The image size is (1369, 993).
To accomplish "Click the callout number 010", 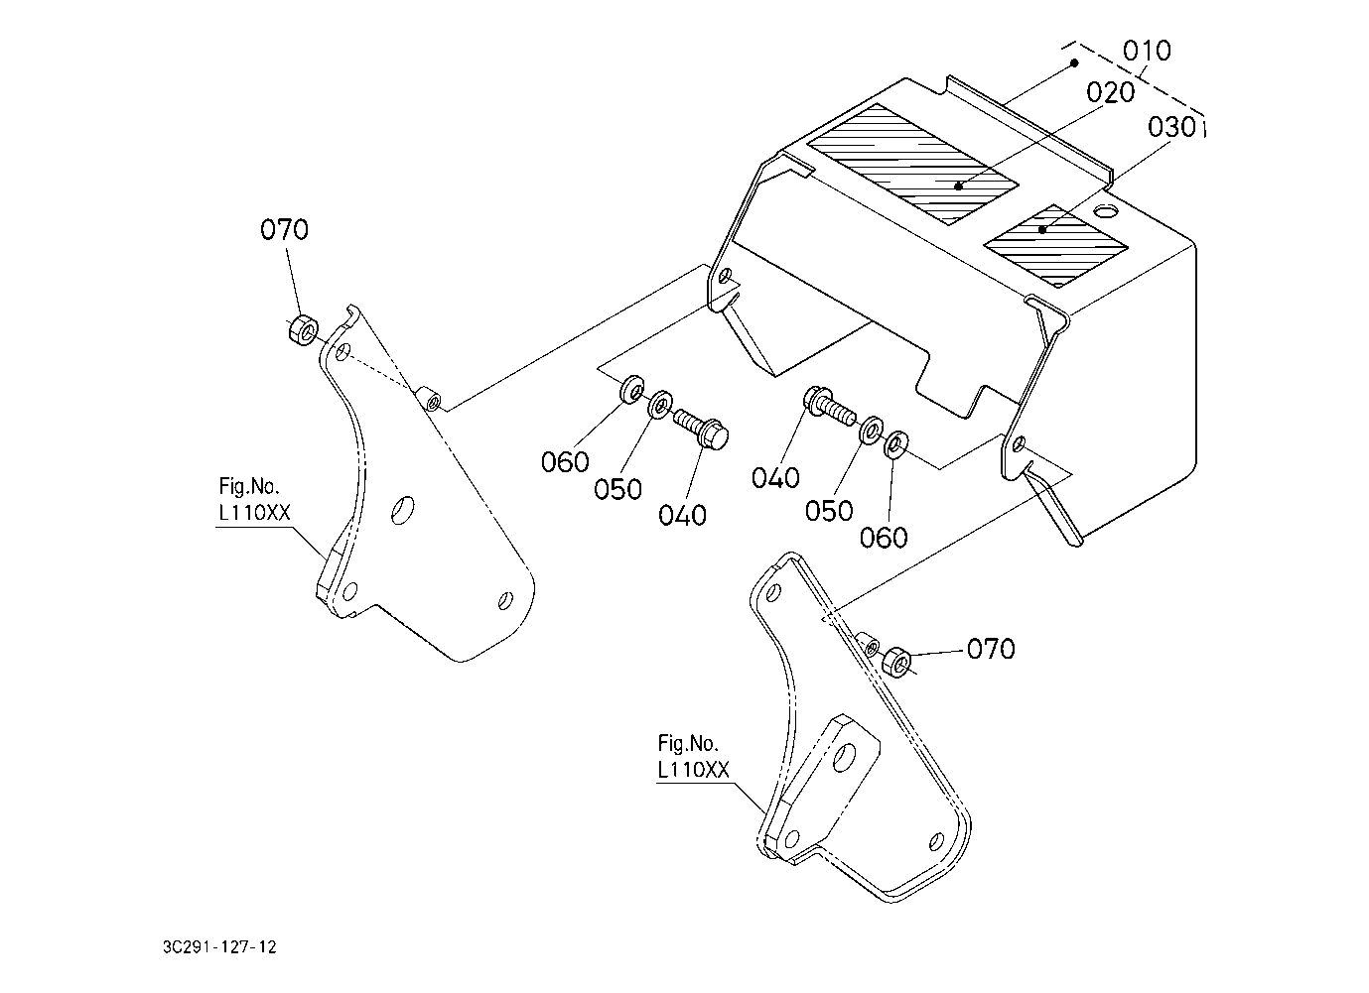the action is tap(1147, 51).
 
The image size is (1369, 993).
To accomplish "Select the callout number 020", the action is tap(1110, 93).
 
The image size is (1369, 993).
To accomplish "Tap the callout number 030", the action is tap(1171, 128).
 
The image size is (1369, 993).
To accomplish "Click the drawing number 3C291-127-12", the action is tap(219, 947).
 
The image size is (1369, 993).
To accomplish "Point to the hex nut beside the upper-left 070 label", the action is tap(303, 329).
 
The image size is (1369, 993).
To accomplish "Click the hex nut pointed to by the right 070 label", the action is tap(897, 662).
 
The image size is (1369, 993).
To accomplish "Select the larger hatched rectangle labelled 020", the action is tap(912, 164).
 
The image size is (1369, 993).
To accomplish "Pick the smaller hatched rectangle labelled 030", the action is tap(1055, 245).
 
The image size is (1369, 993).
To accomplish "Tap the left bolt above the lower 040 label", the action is tap(702, 429).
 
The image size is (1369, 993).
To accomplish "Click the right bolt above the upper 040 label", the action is tap(829, 405).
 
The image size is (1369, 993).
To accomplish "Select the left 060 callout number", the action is tap(565, 462).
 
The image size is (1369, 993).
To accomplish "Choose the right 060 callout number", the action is tap(884, 538).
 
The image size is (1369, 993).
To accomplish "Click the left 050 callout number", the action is tap(617, 490).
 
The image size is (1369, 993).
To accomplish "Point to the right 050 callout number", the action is tap(829, 511).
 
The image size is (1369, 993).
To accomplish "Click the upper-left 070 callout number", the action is tap(284, 230).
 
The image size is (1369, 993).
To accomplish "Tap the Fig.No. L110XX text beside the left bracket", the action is tap(254, 500).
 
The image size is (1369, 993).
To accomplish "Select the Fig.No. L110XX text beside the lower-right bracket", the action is tap(694, 757).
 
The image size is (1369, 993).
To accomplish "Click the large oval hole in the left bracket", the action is tap(403, 510).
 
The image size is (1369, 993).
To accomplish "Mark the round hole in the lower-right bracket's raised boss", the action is tap(846, 758).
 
